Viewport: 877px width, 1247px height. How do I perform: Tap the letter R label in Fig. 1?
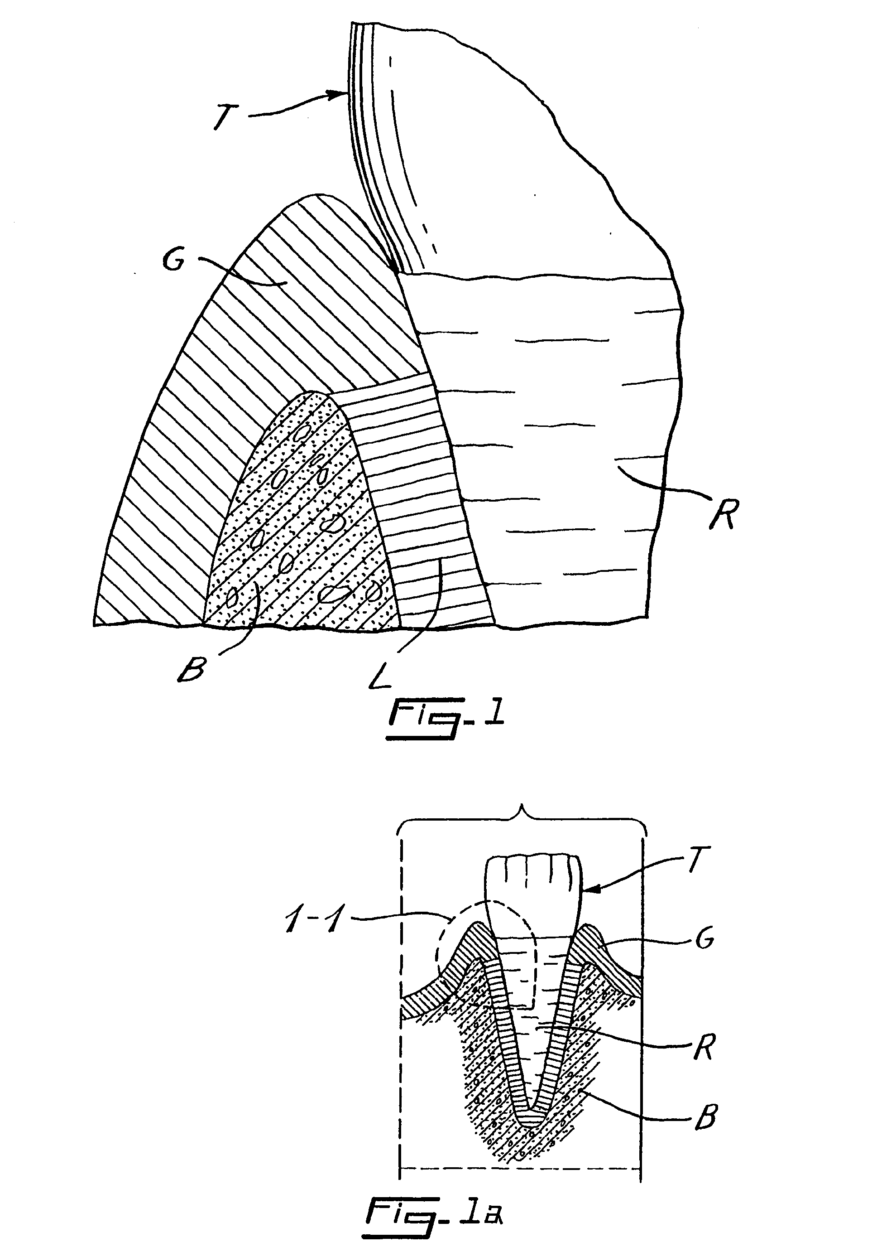pos(722,512)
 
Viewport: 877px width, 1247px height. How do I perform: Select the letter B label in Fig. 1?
pos(191,670)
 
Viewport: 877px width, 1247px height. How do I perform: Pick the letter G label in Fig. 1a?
pos(704,938)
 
